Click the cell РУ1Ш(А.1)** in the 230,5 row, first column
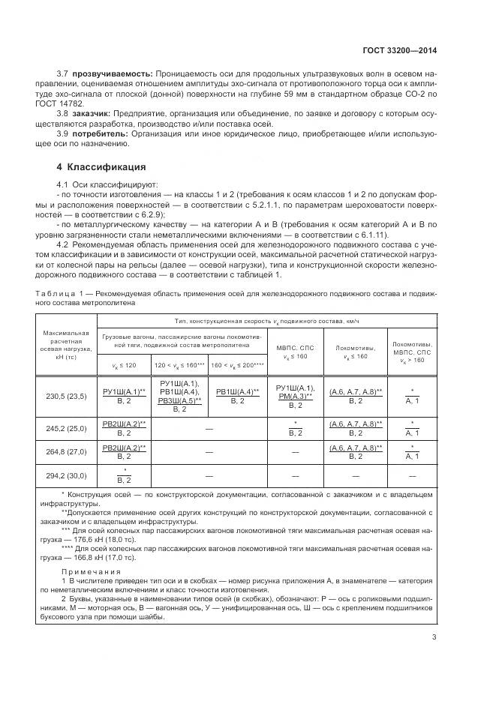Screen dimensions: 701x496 point(124,396)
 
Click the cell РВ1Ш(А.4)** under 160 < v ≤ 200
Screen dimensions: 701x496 point(237,396)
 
